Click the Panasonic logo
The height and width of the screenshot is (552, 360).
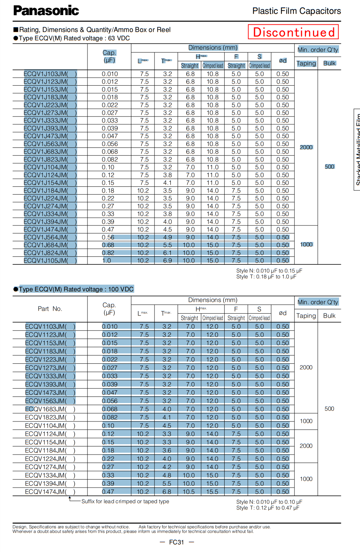46,11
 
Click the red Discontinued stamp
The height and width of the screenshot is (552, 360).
293,32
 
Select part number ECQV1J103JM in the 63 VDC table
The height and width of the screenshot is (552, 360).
50,74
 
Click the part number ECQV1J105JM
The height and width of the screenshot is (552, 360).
50,261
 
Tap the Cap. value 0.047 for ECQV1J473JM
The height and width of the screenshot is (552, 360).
110,136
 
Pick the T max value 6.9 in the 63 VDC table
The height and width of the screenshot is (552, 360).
167,261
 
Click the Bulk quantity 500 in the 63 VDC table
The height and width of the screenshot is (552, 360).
329,167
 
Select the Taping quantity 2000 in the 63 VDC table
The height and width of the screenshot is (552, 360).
306,147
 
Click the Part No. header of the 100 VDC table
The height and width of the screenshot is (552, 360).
50,309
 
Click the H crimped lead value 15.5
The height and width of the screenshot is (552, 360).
212,492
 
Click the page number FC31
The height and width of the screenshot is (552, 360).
177,542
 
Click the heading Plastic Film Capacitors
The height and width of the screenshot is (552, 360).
296,11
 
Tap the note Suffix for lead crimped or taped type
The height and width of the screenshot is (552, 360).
125,502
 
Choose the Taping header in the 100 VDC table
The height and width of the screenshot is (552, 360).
306,316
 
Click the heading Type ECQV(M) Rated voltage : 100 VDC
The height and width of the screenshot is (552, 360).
76,289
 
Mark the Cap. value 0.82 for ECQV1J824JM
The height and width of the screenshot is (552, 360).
108,253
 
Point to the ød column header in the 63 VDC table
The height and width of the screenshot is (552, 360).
282,61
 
